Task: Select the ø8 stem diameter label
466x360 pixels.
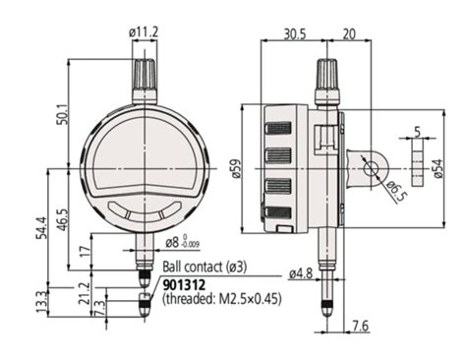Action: click(175, 241)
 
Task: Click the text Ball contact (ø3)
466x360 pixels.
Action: click(204, 267)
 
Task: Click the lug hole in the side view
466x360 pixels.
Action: click(371, 168)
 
